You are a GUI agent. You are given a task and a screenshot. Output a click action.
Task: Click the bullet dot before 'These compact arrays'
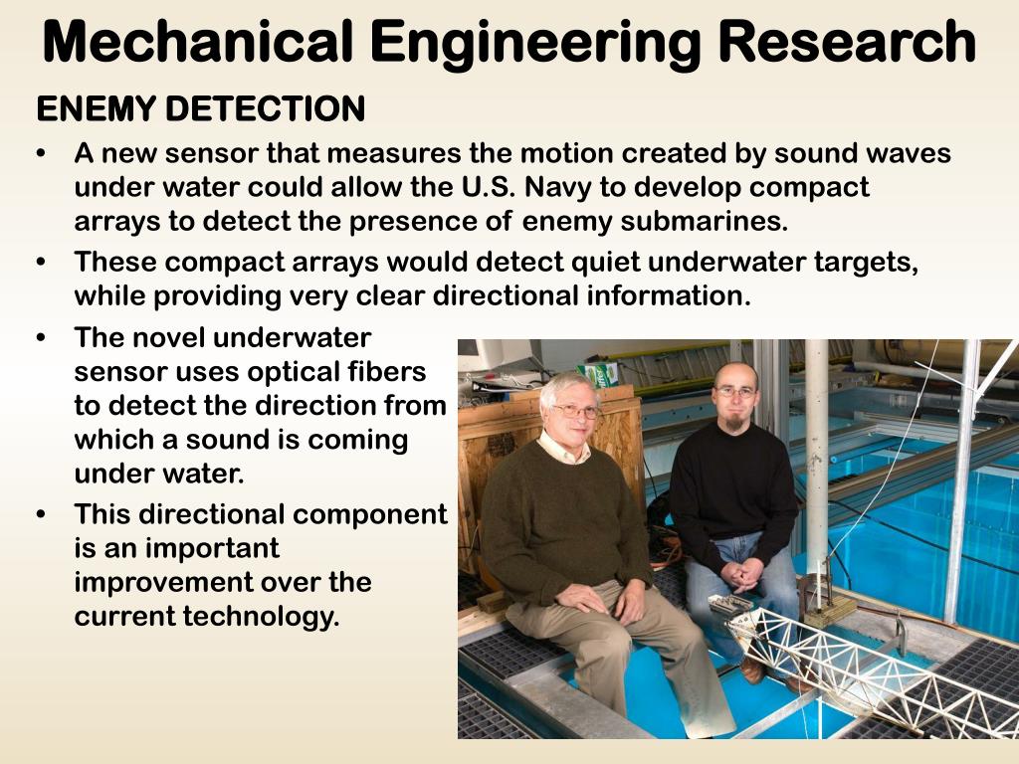(x=41, y=263)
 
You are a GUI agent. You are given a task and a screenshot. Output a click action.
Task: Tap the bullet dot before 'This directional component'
(x=41, y=514)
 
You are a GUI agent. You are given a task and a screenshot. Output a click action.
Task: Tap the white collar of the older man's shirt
(x=562, y=450)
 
